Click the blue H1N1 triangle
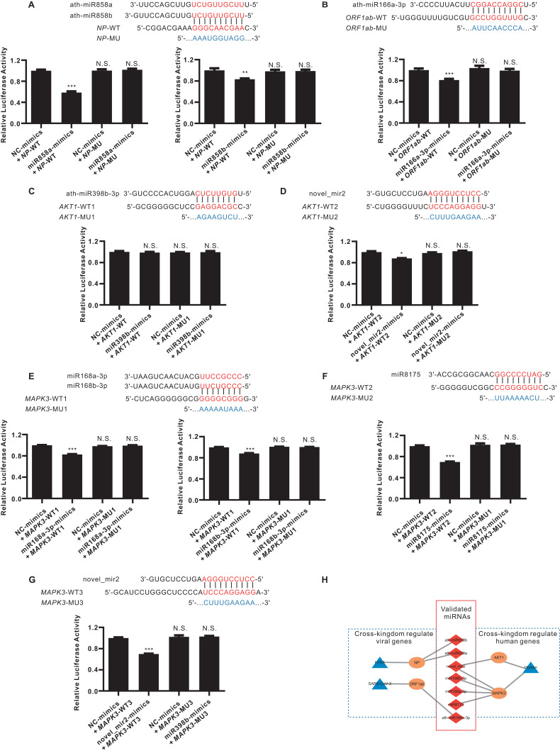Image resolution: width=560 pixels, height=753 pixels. point(379,642)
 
